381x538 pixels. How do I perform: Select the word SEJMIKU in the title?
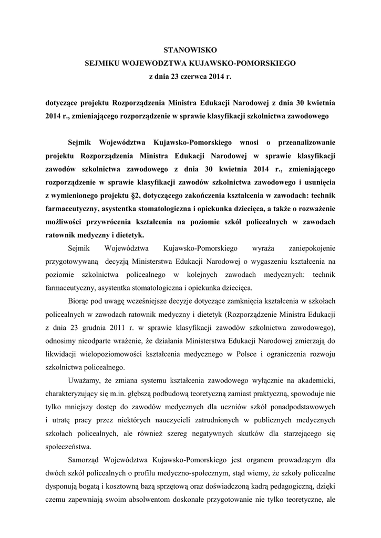pyautogui.click(x=102, y=63)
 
